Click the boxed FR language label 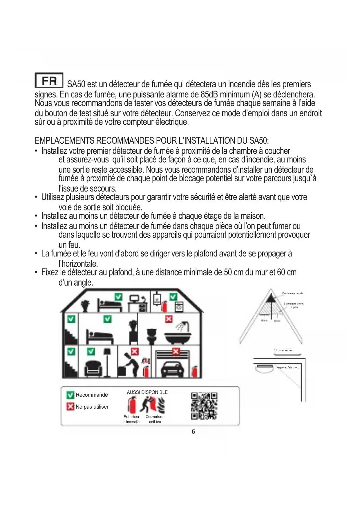point(49,80)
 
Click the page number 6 point(193,432)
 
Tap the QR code point(204,406)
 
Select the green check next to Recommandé point(70,395)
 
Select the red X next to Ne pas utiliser point(70,407)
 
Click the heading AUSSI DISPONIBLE point(147,392)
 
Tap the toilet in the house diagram point(152,336)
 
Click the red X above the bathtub point(169,319)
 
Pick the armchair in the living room point(93,368)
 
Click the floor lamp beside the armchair point(107,361)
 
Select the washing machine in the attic point(179,306)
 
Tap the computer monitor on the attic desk point(134,298)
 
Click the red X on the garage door point(176,352)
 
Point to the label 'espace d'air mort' point(288,367)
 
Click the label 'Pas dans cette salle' point(292,293)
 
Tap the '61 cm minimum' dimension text point(284,350)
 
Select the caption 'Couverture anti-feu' point(155,419)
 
